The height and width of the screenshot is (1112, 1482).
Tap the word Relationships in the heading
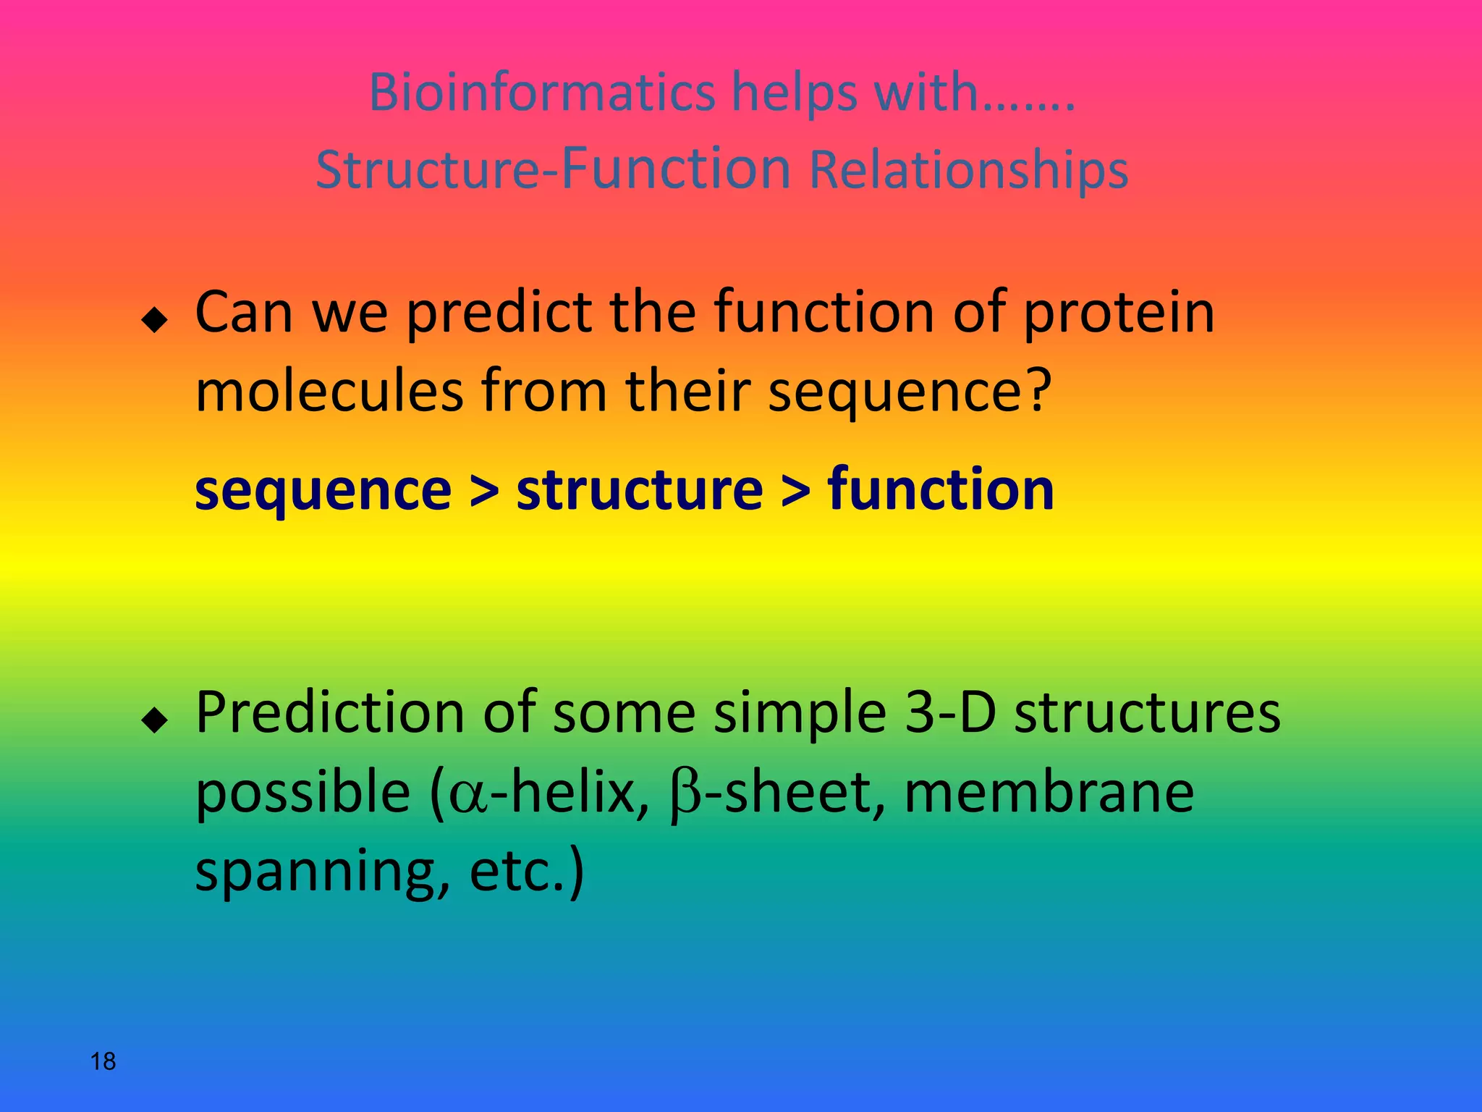click(968, 169)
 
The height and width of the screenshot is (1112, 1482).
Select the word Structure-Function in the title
click(554, 169)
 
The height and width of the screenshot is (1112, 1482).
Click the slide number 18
click(103, 1061)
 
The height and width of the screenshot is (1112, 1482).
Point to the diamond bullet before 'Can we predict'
click(154, 319)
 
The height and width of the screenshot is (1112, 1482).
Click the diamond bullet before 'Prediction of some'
click(154, 720)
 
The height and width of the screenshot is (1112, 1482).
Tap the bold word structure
click(640, 491)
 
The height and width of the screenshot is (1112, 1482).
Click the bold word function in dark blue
click(941, 489)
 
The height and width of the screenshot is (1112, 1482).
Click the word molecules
click(329, 391)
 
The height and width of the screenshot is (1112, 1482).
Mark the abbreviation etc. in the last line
click(517, 872)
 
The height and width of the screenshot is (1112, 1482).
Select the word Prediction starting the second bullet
click(329, 713)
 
